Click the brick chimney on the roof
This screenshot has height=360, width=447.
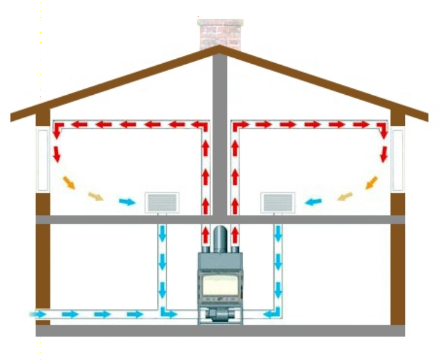pos(218,33)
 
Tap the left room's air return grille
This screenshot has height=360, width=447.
pos(162,202)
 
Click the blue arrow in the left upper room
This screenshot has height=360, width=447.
pos(126,202)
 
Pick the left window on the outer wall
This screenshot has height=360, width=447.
pos(42,159)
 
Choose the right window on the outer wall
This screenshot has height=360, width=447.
pos(397,159)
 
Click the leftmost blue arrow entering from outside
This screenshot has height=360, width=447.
pos(38,315)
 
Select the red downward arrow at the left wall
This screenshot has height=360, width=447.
pos(56,153)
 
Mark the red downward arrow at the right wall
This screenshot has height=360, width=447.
pos(383,153)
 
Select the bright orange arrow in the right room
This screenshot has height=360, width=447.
pos(371,182)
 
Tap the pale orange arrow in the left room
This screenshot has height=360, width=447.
pos(95,196)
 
